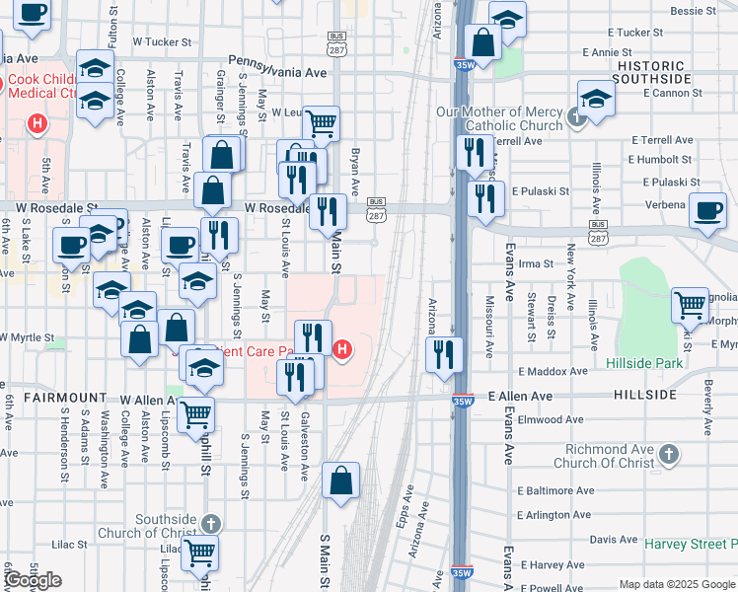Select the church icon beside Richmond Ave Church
click(x=669, y=455)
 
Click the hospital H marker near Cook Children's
click(x=37, y=124)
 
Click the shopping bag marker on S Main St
click(x=340, y=481)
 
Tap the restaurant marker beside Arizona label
click(x=445, y=353)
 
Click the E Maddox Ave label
click(x=552, y=372)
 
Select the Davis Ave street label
click(x=613, y=540)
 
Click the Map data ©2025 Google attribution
click(x=677, y=584)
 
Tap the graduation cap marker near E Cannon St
click(x=596, y=99)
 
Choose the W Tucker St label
click(x=161, y=42)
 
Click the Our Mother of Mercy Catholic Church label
click(x=500, y=118)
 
